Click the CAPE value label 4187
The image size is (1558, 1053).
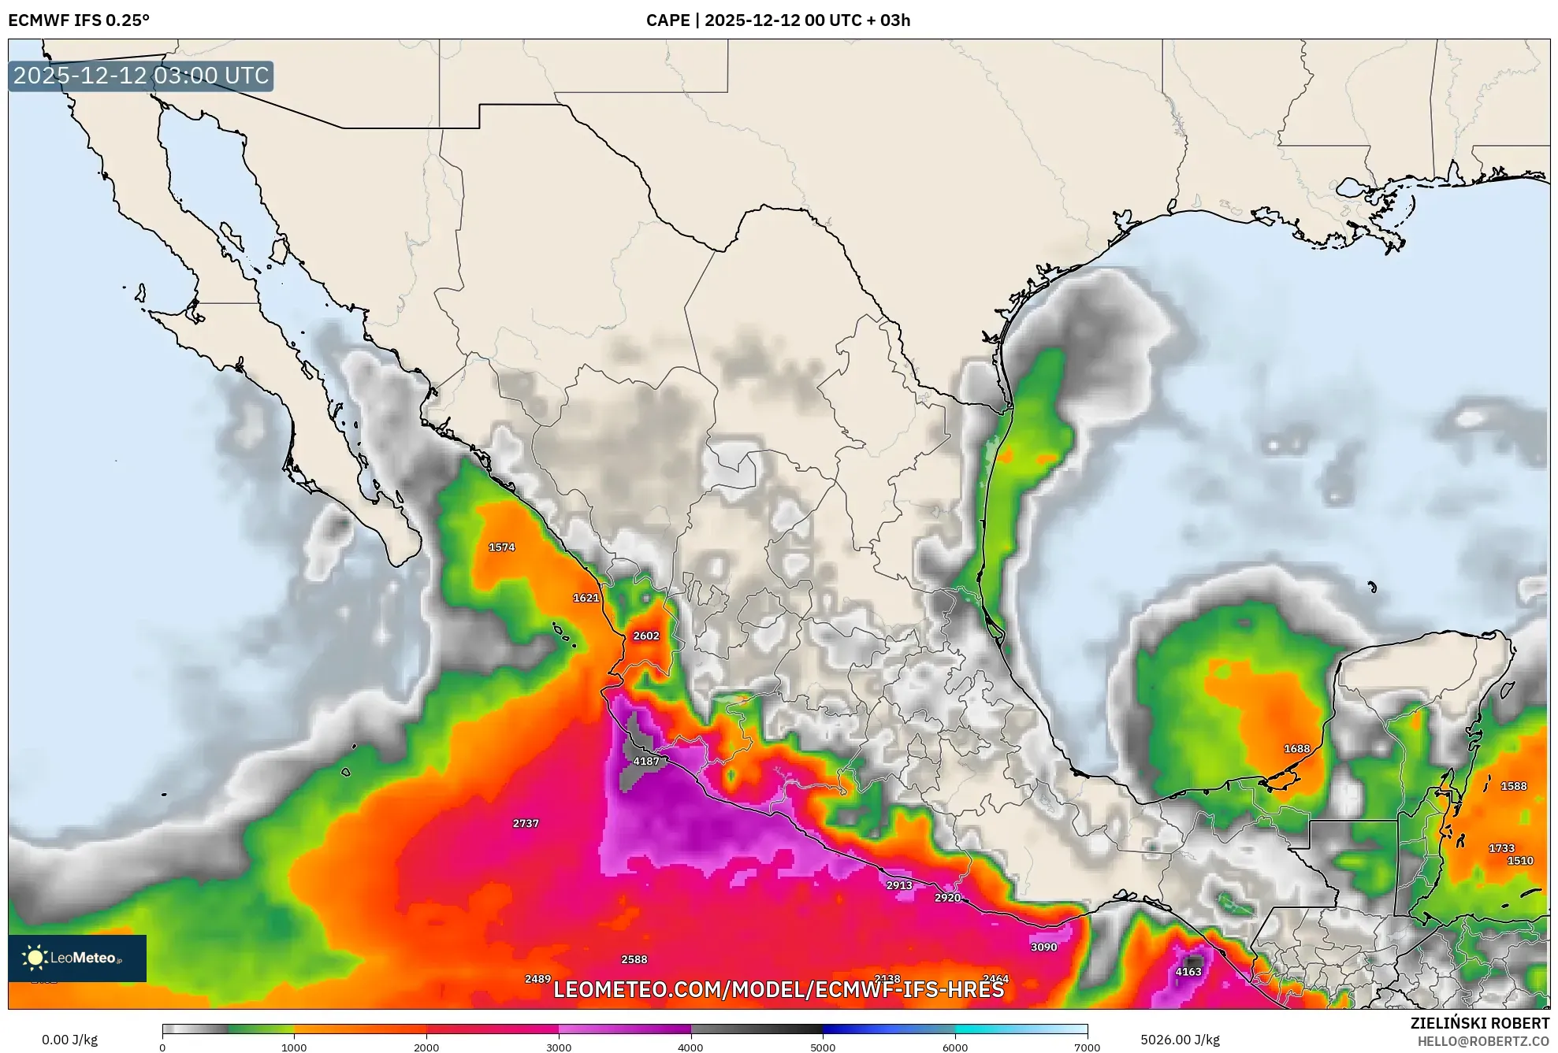(x=645, y=761)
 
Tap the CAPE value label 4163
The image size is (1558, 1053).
(x=1188, y=971)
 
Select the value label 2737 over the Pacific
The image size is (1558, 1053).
(x=526, y=823)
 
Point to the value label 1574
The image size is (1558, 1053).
(x=501, y=547)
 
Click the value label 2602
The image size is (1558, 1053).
(x=645, y=636)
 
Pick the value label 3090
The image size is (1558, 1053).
(x=1043, y=947)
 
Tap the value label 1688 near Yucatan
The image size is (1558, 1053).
(x=1296, y=748)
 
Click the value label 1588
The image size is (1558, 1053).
(x=1513, y=786)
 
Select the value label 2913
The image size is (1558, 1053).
(x=898, y=884)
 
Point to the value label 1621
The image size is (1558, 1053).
(x=586, y=598)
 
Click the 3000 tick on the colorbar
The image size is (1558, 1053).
(x=559, y=1047)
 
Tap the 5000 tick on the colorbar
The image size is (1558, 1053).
(x=823, y=1047)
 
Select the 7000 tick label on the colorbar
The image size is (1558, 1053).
(x=1087, y=1047)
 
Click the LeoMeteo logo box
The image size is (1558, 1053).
(x=77, y=958)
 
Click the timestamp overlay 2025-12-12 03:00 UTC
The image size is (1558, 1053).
(x=141, y=76)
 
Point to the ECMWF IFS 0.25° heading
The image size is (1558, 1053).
(x=79, y=20)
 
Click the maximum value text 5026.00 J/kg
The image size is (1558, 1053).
(x=1180, y=1040)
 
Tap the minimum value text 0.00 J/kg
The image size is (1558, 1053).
(x=69, y=1040)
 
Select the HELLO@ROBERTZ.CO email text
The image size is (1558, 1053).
(x=1483, y=1041)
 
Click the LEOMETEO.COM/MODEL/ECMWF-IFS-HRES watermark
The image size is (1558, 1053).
(x=779, y=989)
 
